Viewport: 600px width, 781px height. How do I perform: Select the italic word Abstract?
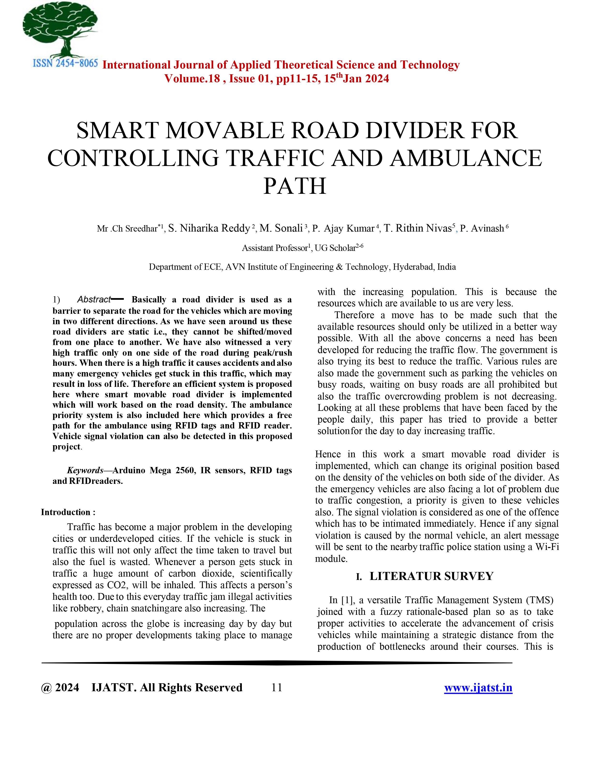click(94, 299)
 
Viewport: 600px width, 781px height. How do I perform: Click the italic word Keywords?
click(85, 470)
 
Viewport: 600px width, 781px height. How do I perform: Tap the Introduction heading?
click(68, 512)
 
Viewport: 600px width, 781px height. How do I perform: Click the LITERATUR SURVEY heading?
click(431, 576)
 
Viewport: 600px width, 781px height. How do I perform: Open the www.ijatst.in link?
click(478, 687)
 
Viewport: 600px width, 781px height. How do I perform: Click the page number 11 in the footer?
click(277, 687)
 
